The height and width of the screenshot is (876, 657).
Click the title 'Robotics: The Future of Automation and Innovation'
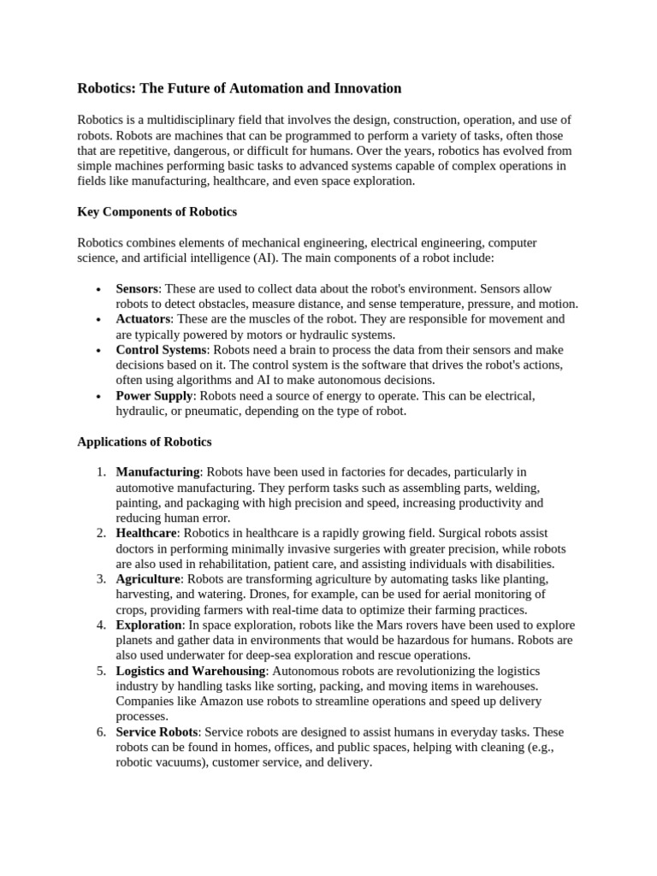(239, 88)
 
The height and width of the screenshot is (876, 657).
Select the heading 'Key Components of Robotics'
(157, 211)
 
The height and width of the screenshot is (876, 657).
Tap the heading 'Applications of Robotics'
(145, 441)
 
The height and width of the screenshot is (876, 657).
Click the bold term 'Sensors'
(137, 288)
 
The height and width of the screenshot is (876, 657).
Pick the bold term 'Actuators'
(142, 318)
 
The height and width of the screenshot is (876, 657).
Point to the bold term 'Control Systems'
(161, 349)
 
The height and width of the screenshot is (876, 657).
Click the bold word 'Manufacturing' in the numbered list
(157, 471)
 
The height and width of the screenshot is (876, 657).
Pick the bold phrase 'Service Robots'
(157, 732)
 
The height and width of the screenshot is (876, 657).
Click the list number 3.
(101, 579)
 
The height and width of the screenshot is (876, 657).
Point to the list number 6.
(101, 732)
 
